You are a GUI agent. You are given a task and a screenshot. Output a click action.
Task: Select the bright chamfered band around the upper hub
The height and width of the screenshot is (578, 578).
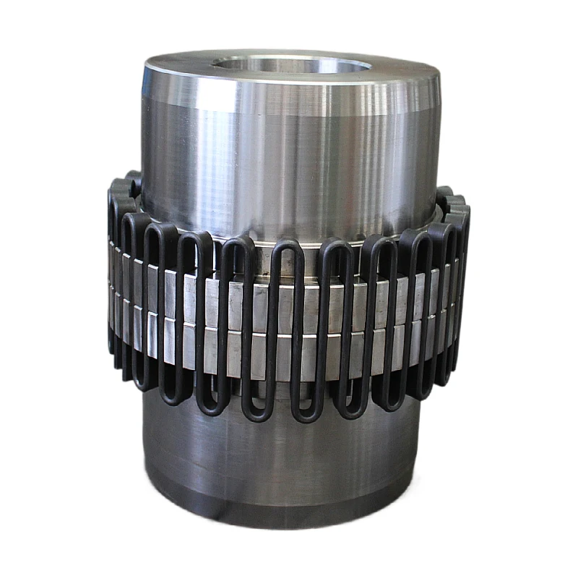click(x=289, y=98)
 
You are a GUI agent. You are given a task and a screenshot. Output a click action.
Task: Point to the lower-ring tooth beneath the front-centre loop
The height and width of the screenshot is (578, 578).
click(x=288, y=354)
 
